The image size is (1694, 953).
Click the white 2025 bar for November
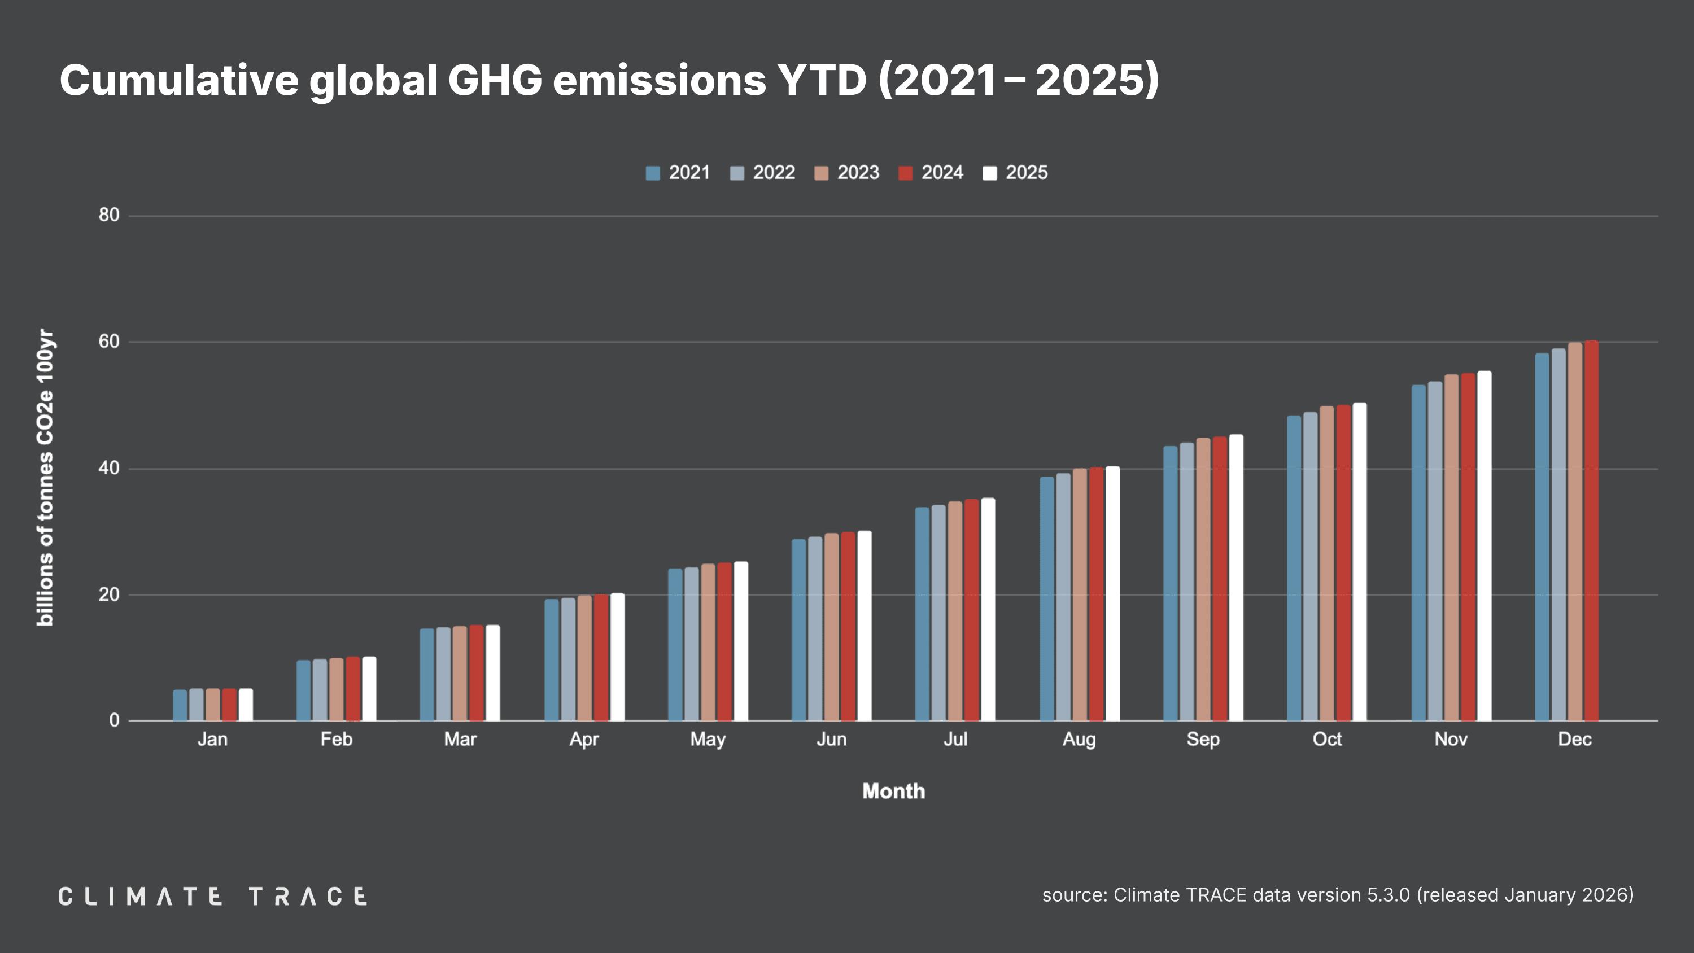tap(1484, 546)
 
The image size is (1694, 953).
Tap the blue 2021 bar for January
tap(180, 705)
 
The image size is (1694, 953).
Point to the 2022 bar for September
tap(1186, 582)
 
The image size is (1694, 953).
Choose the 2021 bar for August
tap(1046, 598)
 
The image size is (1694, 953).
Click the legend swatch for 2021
tap(652, 173)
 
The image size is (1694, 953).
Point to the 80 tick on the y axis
tap(109, 215)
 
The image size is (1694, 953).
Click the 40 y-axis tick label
tap(109, 468)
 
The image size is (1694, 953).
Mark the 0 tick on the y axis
tap(115, 720)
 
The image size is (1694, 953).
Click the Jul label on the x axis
tap(955, 739)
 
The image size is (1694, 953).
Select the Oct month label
tap(1326, 739)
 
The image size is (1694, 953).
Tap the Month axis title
tap(893, 791)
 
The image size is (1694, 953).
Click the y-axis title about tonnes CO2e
tap(45, 477)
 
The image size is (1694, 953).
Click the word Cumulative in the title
tap(179, 80)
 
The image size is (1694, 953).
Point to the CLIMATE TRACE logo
tap(212, 897)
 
